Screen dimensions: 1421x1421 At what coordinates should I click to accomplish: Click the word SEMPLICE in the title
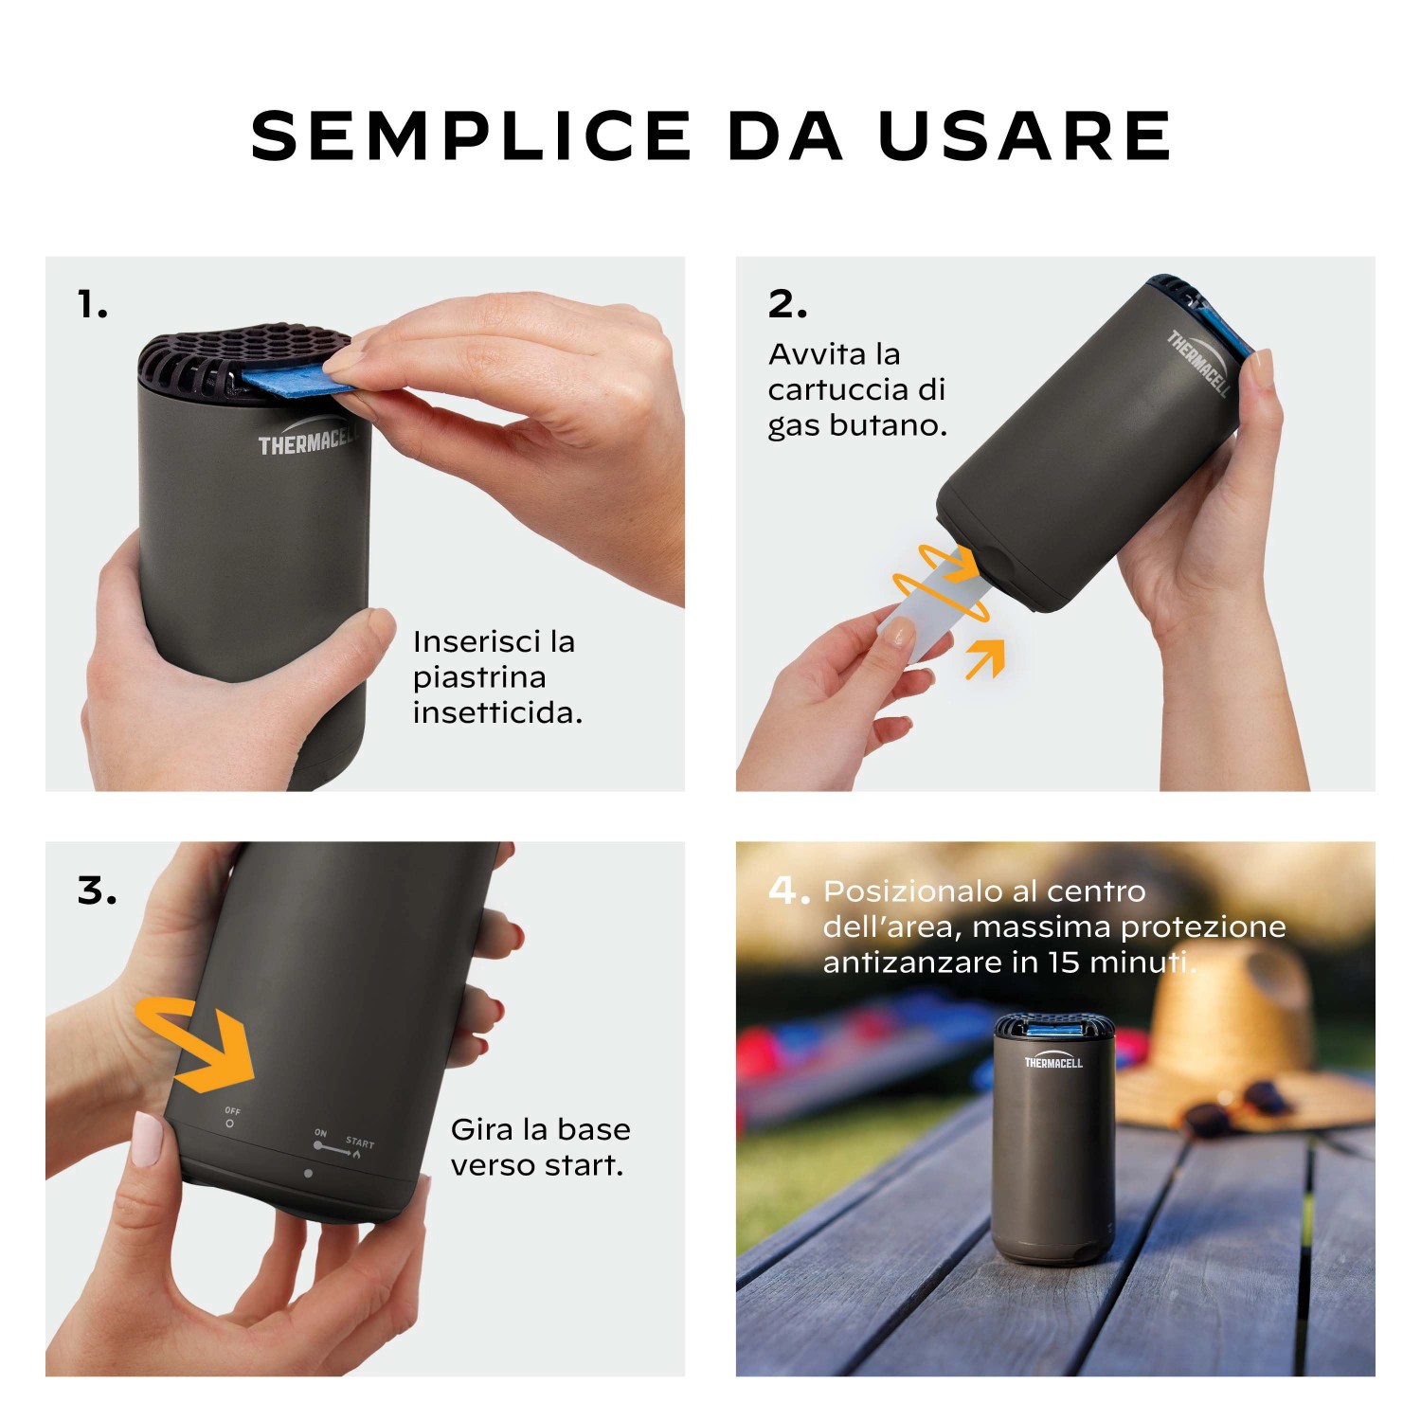472,135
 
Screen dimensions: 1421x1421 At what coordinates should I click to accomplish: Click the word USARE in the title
1025,135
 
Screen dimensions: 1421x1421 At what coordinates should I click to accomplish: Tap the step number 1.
92,305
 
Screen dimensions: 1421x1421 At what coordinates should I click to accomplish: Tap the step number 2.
787,304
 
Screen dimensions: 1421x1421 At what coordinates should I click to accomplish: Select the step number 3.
98,891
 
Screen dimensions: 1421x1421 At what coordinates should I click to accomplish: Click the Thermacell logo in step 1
308,438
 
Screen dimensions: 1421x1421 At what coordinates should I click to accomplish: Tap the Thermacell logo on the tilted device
1199,363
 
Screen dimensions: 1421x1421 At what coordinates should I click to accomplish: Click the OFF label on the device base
232,1110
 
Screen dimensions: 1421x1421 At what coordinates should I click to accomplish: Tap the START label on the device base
360,1142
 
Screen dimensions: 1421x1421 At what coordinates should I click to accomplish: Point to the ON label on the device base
320,1132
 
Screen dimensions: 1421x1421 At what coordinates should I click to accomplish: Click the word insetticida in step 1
497,712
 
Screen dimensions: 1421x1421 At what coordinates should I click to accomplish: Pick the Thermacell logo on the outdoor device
1052,1061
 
